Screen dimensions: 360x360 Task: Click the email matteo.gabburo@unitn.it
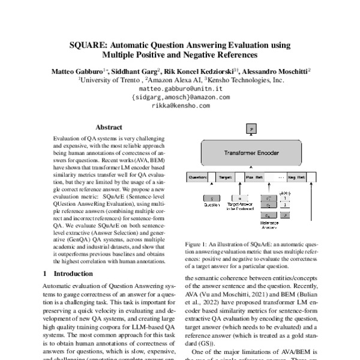tap(180, 88)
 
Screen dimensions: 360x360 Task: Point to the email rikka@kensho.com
tap(180, 105)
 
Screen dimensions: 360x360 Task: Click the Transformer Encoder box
tap(251, 154)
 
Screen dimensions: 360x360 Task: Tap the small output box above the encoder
tap(251, 128)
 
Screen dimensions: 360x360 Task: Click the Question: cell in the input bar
tap(197, 178)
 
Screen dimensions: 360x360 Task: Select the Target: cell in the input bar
tap(226, 178)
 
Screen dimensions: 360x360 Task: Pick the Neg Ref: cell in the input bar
tap(296, 178)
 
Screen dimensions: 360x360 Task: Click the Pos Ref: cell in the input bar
tap(254, 178)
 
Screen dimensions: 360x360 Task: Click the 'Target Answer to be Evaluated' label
tap(240, 208)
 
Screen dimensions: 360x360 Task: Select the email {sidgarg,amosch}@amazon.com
tap(180, 97)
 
